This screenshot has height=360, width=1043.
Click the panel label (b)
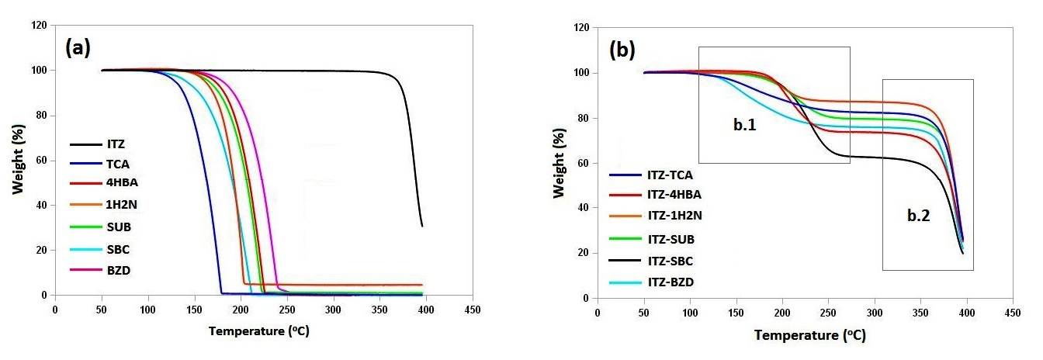click(x=622, y=50)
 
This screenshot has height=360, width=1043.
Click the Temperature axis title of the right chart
click(x=809, y=336)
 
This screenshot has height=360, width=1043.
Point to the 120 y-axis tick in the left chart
click(x=39, y=26)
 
